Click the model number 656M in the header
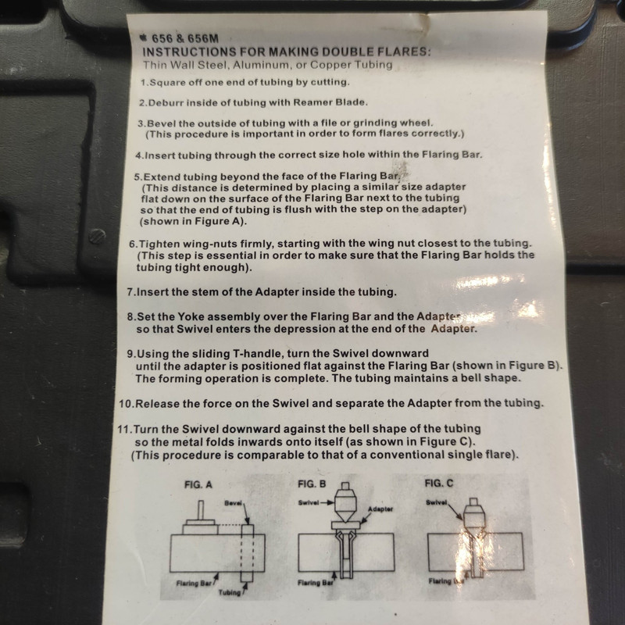click(203, 38)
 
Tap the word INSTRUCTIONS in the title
click(188, 52)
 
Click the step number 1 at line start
click(143, 83)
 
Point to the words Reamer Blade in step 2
click(329, 102)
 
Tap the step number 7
click(130, 292)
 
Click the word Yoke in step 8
click(191, 317)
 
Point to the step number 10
click(125, 404)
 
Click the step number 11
click(123, 430)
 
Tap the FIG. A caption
click(198, 485)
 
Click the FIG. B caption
click(312, 484)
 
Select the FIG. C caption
click(439, 484)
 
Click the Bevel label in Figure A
click(234, 503)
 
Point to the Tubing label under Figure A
click(230, 593)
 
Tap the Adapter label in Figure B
click(380, 509)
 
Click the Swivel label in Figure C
click(437, 502)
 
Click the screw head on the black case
click(97, 237)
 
